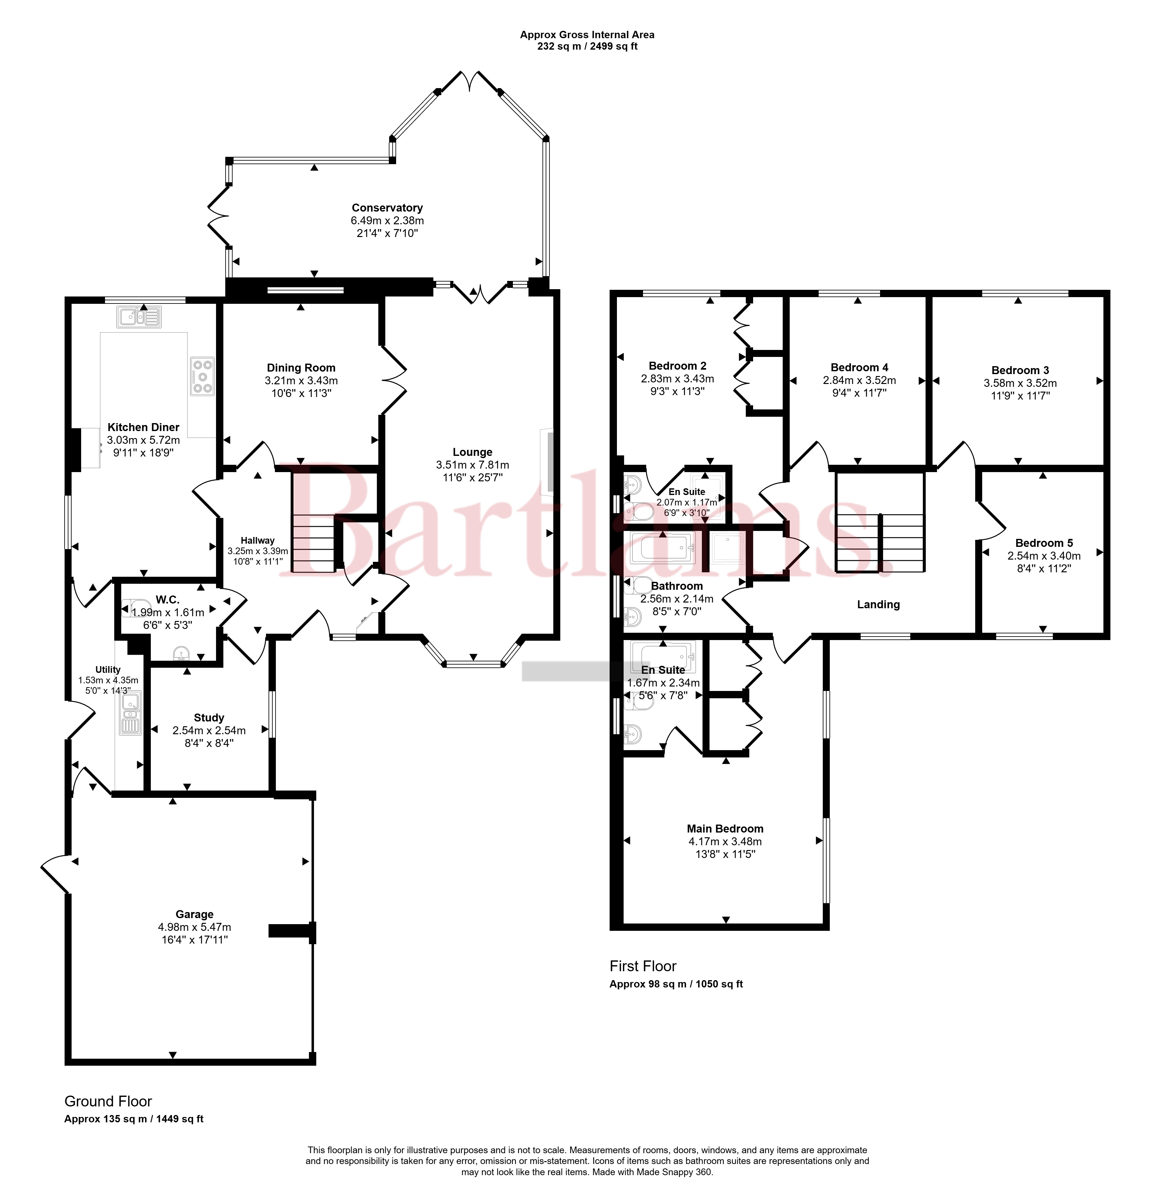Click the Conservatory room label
387,208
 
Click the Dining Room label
301,368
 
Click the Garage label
194,914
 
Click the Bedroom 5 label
1044,543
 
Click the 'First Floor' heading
643,966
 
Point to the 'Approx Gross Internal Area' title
587,35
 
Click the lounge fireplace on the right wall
546,462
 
